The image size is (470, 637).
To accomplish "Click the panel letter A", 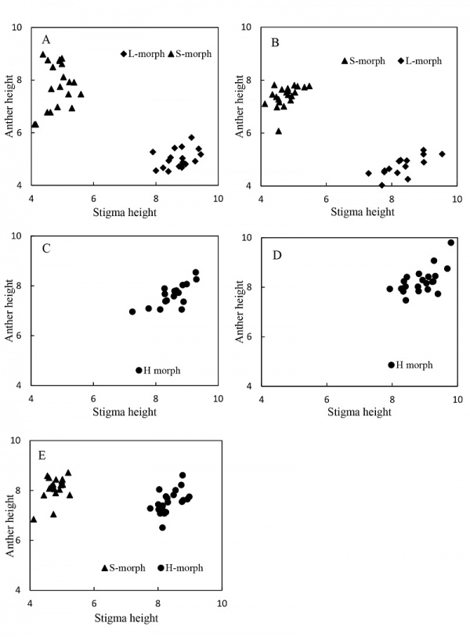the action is tap(46, 40).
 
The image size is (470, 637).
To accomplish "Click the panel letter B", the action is tap(275, 43).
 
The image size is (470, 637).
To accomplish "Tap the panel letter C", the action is tap(46, 248).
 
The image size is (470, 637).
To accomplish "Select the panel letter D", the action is tap(277, 255).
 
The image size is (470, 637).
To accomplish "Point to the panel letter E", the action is tap(42, 455).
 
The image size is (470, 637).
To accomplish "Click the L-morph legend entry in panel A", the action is tap(143, 54).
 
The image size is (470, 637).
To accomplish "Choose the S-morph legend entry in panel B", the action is tap(363, 61).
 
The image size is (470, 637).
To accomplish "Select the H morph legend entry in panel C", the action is tap(158, 370).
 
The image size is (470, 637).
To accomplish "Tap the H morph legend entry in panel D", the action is tap(410, 365).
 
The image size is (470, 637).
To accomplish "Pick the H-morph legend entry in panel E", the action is tap(180, 568).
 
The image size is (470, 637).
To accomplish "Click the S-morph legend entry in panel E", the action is tap(123, 568).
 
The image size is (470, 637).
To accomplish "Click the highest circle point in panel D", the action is tap(451, 243).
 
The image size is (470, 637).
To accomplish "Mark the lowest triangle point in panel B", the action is tap(279, 131).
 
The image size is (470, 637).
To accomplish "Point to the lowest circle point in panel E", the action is tap(162, 527).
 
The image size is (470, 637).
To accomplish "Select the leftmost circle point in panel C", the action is tap(132, 311).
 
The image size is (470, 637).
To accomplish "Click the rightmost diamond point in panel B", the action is tap(442, 154).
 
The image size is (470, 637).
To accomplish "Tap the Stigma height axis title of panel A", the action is tap(125, 212).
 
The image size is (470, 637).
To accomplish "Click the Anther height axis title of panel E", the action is tap(9, 527).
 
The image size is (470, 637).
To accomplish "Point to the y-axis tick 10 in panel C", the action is tap(16, 236).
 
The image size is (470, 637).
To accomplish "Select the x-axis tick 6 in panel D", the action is tap(327, 400).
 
